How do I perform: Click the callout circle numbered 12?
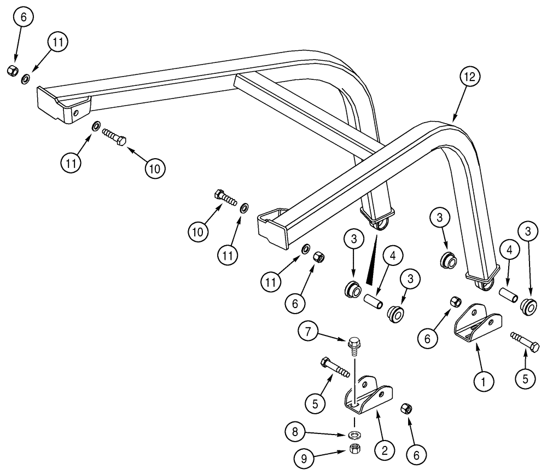point(469,77)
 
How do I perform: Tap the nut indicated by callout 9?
point(355,449)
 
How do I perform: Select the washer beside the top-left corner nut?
point(26,80)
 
